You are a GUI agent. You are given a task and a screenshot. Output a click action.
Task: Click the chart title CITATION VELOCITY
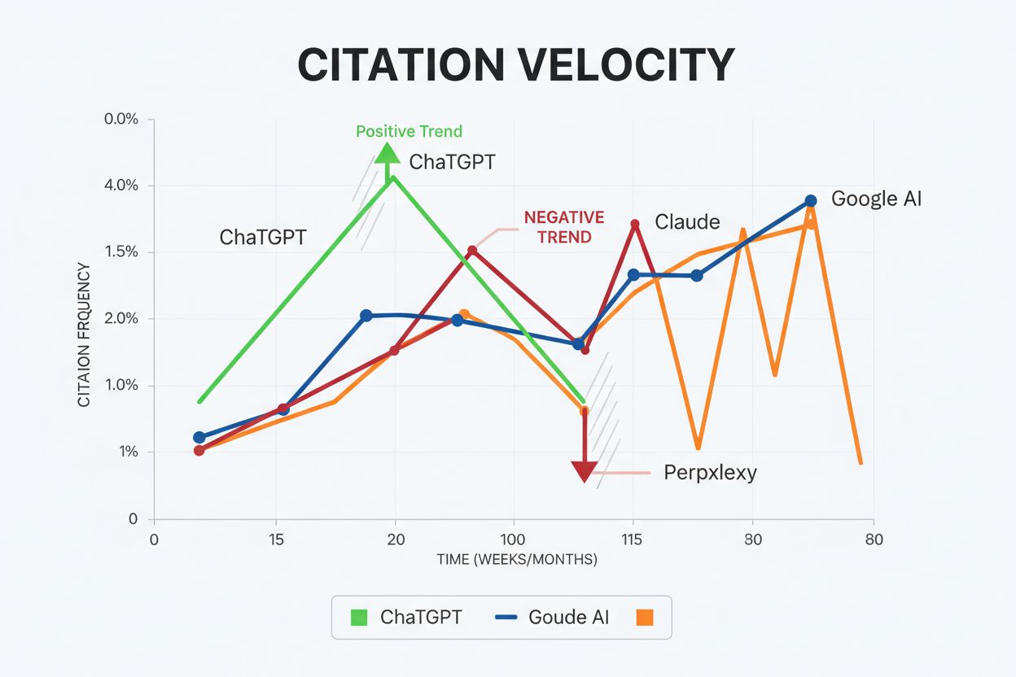tap(515, 65)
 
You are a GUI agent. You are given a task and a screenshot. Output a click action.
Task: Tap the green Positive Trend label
tap(409, 132)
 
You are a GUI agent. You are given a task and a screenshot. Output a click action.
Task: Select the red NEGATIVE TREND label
tap(563, 227)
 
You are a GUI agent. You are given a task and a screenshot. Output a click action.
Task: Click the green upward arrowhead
tap(388, 153)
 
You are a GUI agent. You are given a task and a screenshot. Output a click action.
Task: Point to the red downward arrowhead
tap(584, 471)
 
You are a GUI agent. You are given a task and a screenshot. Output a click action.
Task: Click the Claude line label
tap(687, 221)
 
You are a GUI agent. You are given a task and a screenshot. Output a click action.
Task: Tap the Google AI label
tap(876, 199)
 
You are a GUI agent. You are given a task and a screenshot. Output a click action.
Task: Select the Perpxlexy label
tap(710, 473)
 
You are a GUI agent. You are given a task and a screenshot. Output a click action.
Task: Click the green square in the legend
tap(359, 617)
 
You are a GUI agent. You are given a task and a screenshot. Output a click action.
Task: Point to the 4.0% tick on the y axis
tap(122, 186)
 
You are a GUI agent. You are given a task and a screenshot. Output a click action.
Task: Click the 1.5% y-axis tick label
tap(122, 252)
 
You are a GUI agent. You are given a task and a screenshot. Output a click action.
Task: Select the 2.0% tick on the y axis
tap(122, 319)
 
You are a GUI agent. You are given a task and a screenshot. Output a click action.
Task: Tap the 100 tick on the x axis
tap(513, 539)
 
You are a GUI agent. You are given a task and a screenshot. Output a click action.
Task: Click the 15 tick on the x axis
tap(277, 539)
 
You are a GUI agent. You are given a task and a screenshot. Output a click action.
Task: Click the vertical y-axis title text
tap(85, 334)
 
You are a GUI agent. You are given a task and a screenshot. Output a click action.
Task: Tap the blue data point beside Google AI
tap(811, 200)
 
